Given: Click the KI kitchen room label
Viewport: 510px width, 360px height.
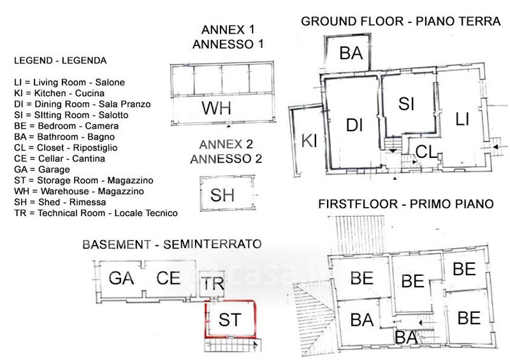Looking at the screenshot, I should (x=309, y=141).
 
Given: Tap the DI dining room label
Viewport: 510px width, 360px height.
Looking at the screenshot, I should (x=354, y=126).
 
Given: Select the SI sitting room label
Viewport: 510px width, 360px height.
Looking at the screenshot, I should (x=407, y=103).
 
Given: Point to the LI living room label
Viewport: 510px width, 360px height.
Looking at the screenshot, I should (x=463, y=119).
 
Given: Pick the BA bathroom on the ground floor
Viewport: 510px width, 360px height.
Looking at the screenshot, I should (x=351, y=54).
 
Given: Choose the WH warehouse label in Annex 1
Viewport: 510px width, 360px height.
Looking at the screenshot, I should (x=216, y=108).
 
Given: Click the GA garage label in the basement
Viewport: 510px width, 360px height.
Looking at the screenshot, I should (x=120, y=278).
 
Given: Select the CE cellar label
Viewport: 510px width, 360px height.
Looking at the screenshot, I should (x=169, y=278).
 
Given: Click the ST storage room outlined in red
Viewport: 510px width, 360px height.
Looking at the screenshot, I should (x=229, y=319).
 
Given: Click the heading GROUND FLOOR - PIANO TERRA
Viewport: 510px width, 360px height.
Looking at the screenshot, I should (x=400, y=21).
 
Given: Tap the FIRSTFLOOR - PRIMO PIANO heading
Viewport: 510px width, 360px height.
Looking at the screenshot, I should (x=406, y=205).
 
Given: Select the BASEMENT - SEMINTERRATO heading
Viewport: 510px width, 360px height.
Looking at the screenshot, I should (x=172, y=244).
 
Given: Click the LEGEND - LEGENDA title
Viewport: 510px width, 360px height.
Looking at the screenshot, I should (x=61, y=61).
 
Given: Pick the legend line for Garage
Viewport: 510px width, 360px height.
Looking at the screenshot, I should (x=42, y=169).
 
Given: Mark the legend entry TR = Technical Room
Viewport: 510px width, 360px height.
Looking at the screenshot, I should (x=96, y=213).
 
